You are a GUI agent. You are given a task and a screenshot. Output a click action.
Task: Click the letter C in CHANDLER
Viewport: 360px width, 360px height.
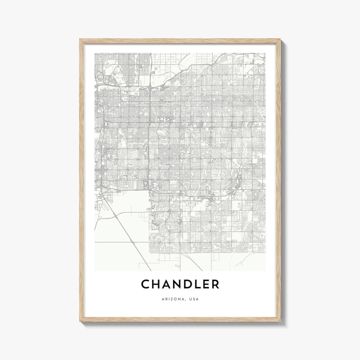coord(146,284)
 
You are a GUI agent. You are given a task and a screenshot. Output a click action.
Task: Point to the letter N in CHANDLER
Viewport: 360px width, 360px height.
coord(180,284)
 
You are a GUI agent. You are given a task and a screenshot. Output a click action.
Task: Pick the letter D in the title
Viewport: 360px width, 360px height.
coord(192,284)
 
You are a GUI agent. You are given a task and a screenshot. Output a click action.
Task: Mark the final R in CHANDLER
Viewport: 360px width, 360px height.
coord(216,284)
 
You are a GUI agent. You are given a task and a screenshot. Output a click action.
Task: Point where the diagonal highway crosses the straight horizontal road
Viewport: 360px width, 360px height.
coord(133,242)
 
